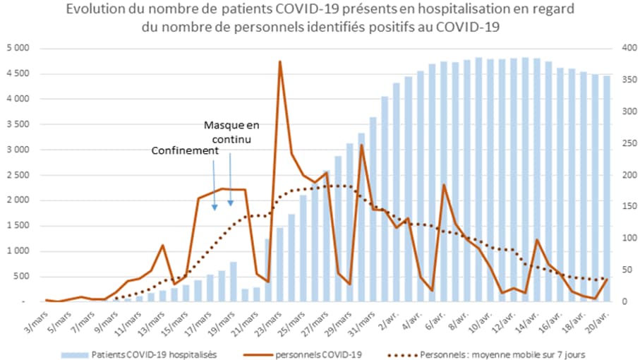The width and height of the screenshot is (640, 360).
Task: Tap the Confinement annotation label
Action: point(184,150)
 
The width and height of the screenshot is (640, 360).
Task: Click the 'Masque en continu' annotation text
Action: point(231,132)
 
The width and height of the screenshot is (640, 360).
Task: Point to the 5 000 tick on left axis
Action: point(17,48)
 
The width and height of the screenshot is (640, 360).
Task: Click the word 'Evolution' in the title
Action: point(96,10)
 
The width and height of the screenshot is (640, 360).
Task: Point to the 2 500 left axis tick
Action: point(17,175)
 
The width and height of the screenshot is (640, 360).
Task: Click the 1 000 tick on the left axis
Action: point(17,251)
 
